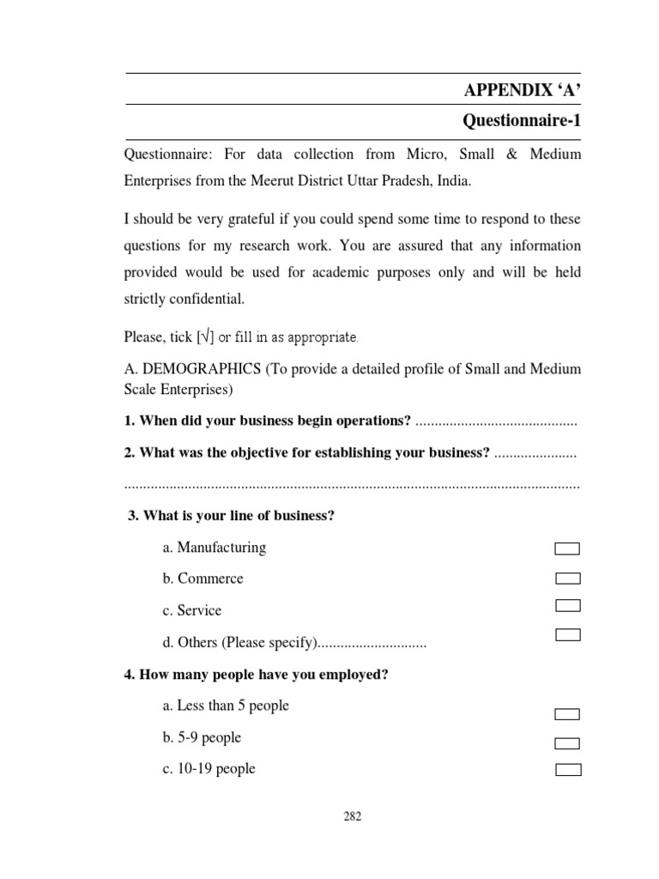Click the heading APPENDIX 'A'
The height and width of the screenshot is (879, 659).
(x=522, y=90)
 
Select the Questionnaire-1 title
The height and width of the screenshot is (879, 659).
(x=522, y=122)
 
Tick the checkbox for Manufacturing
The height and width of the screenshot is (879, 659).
(x=567, y=549)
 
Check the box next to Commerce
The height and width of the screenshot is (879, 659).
(x=567, y=579)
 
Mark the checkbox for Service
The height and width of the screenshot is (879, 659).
(x=567, y=606)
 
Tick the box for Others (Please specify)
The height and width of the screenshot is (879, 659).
(x=567, y=635)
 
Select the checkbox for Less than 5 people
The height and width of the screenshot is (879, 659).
(x=567, y=714)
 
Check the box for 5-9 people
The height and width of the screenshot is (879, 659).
(x=567, y=743)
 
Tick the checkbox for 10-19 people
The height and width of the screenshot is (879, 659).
(x=567, y=770)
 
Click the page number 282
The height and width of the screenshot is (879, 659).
(x=352, y=816)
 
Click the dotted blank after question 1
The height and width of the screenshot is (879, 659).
(x=495, y=421)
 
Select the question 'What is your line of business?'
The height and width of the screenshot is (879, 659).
(x=231, y=515)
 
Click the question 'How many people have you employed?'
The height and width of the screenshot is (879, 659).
(x=257, y=675)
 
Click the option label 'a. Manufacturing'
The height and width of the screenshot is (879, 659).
(x=214, y=548)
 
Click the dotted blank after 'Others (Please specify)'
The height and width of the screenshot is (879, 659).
(x=372, y=643)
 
